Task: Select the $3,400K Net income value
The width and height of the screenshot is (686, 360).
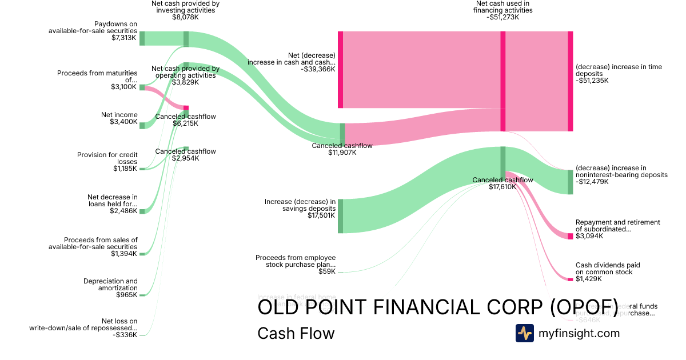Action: click(123, 122)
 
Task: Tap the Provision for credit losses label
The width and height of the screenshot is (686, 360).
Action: click(107, 158)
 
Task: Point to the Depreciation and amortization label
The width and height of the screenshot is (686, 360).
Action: click(110, 285)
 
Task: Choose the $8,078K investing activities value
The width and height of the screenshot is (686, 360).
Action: click(185, 17)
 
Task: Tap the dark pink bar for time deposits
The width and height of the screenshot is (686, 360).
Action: click(570, 81)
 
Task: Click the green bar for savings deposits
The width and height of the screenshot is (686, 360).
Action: click(340, 216)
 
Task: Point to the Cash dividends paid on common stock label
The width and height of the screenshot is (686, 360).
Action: click(608, 269)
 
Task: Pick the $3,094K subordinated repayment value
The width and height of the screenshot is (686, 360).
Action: click(589, 236)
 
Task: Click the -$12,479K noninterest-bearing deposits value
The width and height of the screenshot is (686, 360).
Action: click(592, 182)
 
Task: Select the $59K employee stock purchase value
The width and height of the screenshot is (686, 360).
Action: click(327, 272)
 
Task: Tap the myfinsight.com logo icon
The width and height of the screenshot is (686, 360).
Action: click(524, 333)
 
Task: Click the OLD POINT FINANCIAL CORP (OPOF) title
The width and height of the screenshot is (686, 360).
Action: click(438, 307)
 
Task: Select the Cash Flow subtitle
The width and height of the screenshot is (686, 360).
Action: click(296, 334)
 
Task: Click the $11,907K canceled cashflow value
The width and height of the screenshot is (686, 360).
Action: click(342, 153)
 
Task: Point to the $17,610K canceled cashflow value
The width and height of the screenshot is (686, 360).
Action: click(502, 187)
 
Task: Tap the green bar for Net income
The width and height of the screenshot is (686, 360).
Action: click(142, 125)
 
